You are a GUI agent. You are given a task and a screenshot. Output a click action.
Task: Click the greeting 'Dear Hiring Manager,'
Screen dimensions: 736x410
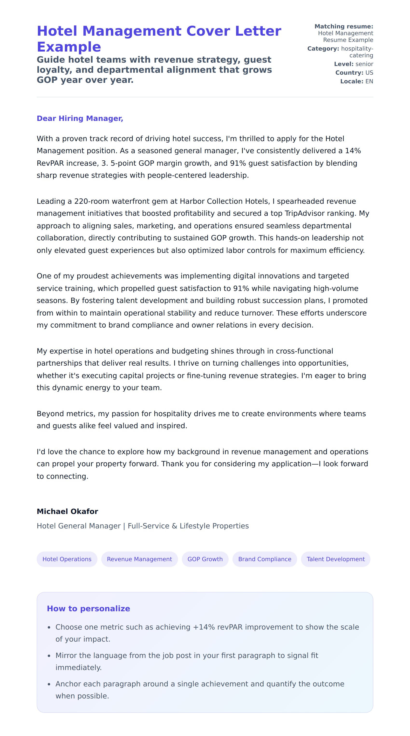tap(80, 118)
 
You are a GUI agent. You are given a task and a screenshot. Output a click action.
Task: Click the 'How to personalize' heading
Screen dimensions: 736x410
tap(89, 608)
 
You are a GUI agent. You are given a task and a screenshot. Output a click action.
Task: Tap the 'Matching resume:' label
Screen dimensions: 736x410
tap(344, 26)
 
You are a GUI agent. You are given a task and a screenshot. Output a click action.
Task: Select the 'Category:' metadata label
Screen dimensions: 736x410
tap(323, 49)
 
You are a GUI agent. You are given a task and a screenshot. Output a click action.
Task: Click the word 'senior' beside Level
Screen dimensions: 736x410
tap(364, 64)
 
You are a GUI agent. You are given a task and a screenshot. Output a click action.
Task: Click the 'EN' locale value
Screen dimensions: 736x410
tap(369, 81)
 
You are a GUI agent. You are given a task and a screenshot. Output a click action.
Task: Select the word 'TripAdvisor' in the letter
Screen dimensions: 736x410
tap(304, 213)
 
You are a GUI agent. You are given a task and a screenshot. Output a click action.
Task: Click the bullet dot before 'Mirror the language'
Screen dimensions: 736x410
tap(49, 656)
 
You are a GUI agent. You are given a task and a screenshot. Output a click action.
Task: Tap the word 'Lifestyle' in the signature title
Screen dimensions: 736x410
tap(195, 526)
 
